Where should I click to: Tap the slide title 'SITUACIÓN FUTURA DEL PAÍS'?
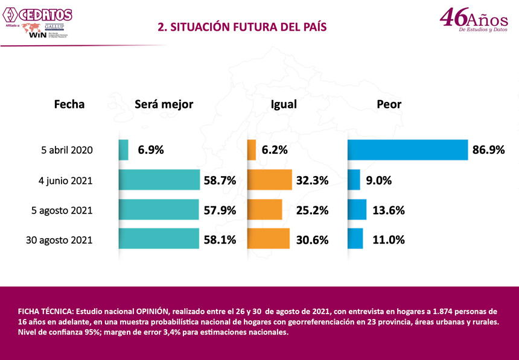click(241, 27)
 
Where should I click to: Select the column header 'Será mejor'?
click(164, 104)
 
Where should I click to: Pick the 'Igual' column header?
click(284, 104)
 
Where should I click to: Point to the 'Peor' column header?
click(389, 104)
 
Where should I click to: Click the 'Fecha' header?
click(69, 104)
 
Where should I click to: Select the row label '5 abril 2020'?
click(67, 150)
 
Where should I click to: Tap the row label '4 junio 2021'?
click(67, 180)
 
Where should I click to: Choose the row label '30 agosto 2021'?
click(59, 239)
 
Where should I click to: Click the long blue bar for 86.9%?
click(407, 150)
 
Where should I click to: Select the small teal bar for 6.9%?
click(123, 150)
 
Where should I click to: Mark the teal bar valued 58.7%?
click(159, 180)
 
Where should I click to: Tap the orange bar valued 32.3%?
click(269, 180)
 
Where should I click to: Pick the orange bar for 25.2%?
click(265, 209)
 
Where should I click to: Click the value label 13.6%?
click(389, 210)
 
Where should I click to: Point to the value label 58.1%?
click(220, 240)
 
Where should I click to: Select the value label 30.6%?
click(312, 240)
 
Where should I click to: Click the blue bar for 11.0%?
click(355, 239)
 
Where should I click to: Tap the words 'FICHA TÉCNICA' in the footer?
click(43, 312)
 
